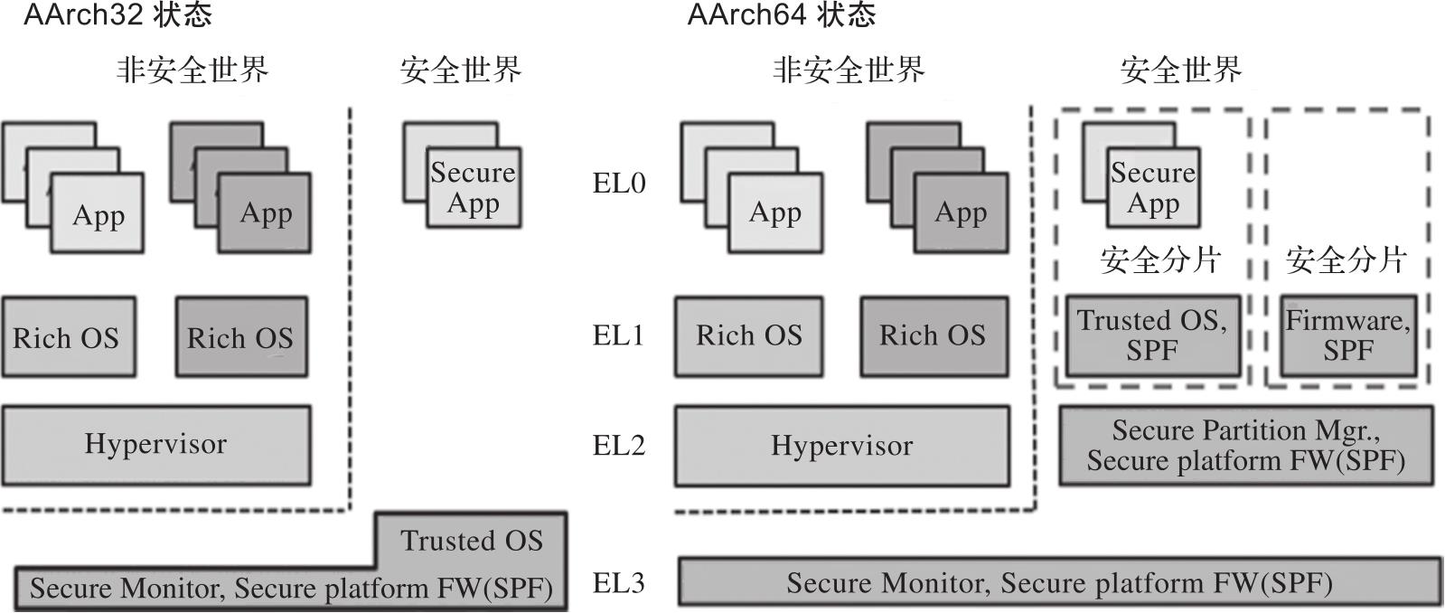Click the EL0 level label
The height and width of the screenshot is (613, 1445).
[619, 184]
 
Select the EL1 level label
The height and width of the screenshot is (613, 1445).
[619, 335]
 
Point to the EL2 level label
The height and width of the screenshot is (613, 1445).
[619, 445]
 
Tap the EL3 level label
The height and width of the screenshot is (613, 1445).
[619, 583]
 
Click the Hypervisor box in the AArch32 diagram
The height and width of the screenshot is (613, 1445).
[156, 445]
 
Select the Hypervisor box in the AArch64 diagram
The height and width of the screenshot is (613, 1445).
[841, 446]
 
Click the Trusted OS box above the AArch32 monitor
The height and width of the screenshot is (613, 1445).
[472, 540]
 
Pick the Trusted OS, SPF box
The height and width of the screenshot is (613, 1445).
[1152, 335]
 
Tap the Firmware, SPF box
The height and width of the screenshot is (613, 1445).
[1347, 335]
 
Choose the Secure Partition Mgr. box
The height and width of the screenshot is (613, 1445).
[1245, 445]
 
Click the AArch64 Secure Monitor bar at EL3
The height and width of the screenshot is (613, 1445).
[1059, 583]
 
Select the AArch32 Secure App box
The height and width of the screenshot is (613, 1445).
[474, 187]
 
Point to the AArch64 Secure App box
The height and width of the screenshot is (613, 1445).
[1153, 187]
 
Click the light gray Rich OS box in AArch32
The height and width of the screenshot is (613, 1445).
[68, 337]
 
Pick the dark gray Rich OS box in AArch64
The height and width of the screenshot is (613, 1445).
[934, 335]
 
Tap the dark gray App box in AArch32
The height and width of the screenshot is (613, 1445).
[265, 213]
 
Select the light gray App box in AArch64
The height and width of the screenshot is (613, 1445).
[775, 213]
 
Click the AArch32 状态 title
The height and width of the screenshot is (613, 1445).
[117, 15]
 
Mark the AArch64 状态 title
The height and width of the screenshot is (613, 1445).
[781, 15]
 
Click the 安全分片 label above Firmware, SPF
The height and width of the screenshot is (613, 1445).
[1346, 261]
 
